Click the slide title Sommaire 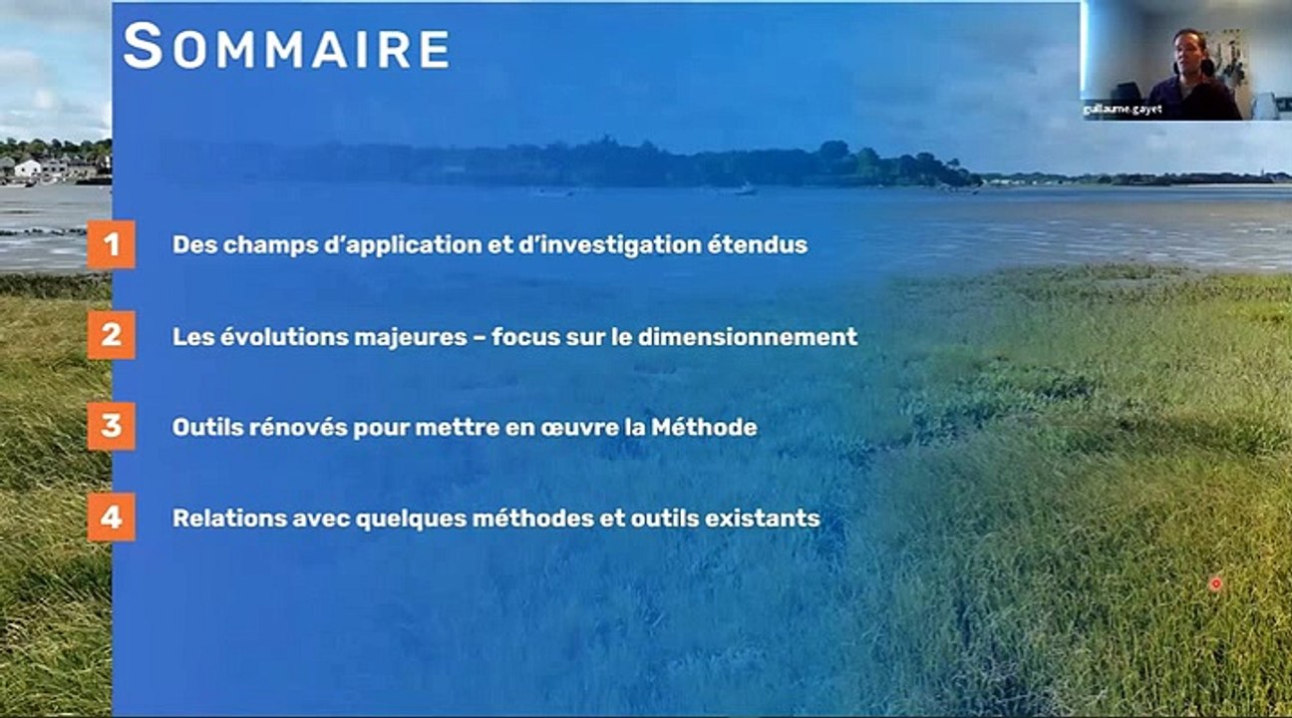(x=286, y=48)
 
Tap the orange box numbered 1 (x=111, y=244)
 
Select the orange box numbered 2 (x=111, y=335)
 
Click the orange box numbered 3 (x=111, y=426)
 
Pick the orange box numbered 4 (x=111, y=518)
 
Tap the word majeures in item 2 (x=410, y=336)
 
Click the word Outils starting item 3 (x=202, y=427)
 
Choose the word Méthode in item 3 (x=704, y=427)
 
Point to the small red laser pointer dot (x=1215, y=583)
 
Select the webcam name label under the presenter (x=1123, y=110)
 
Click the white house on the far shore (x=28, y=169)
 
